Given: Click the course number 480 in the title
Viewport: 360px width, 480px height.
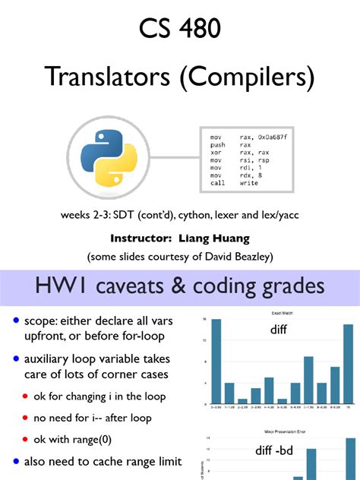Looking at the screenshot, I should click(201, 30).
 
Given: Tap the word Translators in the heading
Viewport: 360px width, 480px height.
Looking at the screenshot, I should click(102, 76).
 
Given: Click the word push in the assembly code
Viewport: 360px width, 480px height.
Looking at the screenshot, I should click(217, 144).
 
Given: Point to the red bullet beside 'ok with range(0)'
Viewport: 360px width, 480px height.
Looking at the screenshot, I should click(26, 438).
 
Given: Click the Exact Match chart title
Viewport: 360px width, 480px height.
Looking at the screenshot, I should click(281, 312).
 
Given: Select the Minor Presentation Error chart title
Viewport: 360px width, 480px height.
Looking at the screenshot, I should click(280, 432).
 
